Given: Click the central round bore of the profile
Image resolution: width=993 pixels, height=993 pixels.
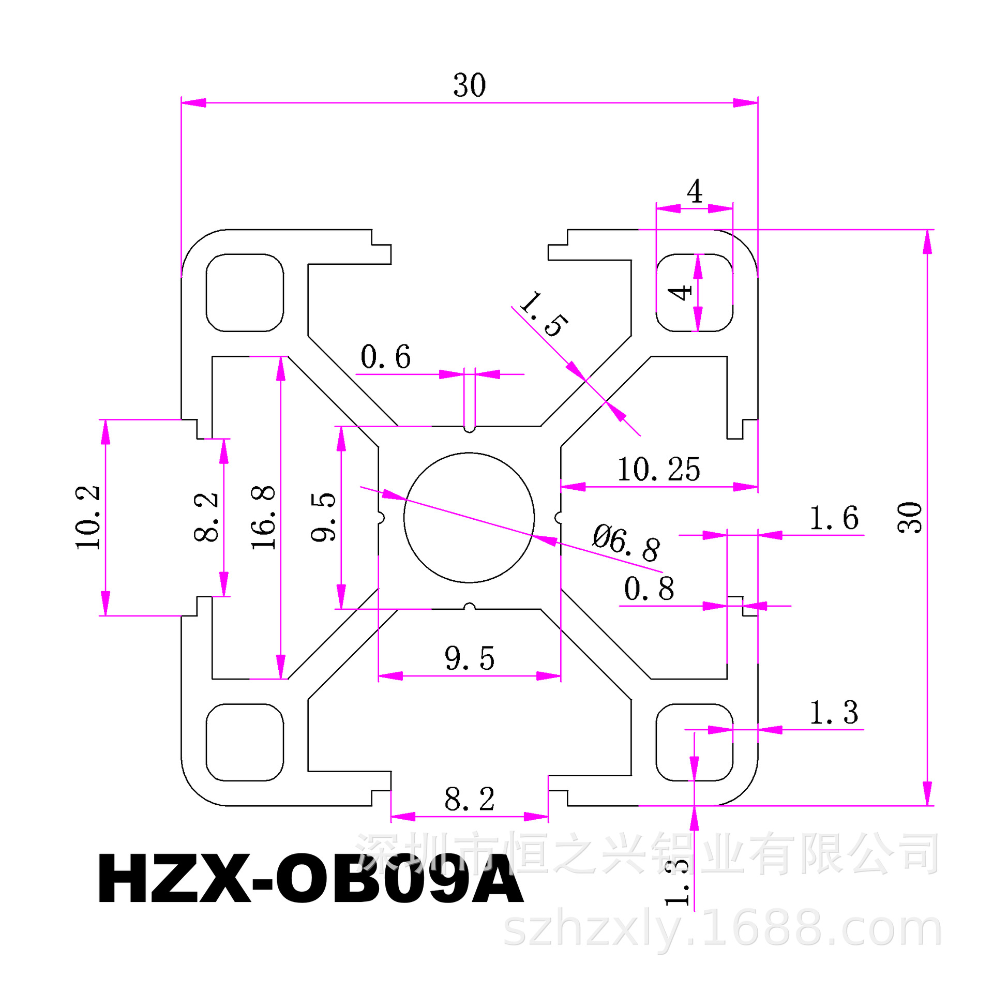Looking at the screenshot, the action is coord(469,517).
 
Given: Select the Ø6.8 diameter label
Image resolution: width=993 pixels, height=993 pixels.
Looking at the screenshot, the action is coord(626,541).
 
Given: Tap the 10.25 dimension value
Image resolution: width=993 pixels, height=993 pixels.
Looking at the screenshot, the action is coord(658,470).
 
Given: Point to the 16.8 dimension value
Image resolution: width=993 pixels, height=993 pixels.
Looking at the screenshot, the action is coord(263,517).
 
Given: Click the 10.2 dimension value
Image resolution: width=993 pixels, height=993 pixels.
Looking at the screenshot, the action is coord(87,517).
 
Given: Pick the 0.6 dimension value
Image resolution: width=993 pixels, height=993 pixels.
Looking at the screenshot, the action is coord(385,357).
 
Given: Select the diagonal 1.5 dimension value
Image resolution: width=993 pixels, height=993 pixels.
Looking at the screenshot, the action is coord(544,314).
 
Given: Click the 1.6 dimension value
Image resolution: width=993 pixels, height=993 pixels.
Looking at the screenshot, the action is coord(834,518).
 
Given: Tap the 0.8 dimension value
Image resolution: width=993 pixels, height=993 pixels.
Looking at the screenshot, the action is coord(649,589).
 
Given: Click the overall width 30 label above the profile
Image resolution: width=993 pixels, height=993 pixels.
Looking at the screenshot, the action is coord(470,85).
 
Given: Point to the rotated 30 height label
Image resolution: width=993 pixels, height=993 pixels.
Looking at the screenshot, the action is coord(910,517).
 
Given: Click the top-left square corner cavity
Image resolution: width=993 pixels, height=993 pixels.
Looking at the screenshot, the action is coord(245,293).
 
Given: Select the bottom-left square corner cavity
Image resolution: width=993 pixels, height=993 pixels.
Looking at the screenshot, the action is coord(245,742).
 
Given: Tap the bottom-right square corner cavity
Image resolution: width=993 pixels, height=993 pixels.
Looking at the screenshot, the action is coord(695,742).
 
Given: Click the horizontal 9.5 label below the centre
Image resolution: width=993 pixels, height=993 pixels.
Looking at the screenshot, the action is coord(470,658).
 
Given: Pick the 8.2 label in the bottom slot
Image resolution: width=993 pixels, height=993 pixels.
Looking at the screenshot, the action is coord(470,799).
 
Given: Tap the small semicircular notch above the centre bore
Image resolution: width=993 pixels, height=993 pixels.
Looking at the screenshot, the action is coord(470,429).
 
